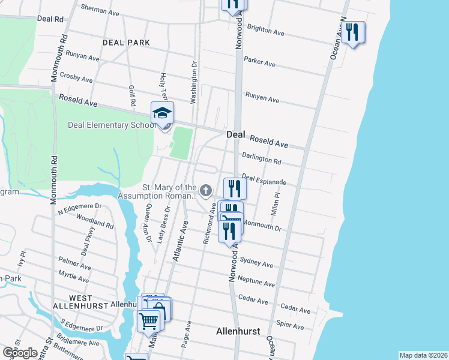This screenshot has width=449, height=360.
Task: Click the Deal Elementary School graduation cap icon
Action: (162, 113)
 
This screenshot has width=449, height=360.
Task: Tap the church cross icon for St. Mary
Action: (206, 191)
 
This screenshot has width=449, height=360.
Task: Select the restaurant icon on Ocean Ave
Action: (353, 32)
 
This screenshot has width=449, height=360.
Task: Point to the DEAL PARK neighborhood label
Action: (126, 43)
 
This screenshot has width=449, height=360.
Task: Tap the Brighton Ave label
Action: (265, 30)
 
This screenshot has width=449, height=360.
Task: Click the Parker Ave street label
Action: (259, 62)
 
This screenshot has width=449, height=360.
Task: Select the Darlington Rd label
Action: (262, 160)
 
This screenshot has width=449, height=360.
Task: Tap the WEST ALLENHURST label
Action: (80, 302)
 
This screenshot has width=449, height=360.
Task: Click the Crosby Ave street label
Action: (76, 78)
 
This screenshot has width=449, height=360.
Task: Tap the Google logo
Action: (20, 352)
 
